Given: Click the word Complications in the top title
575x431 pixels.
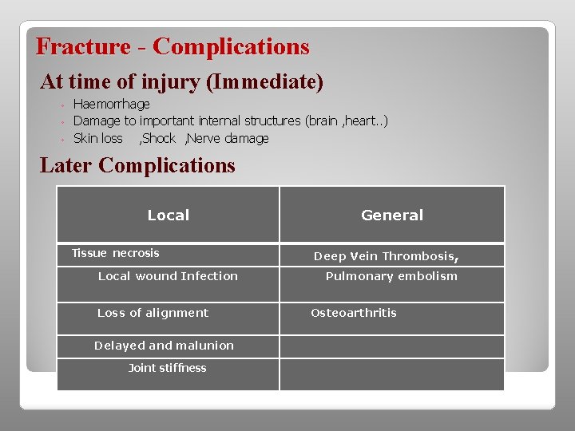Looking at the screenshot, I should (231, 46).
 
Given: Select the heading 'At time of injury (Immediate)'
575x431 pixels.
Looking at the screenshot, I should (181, 81).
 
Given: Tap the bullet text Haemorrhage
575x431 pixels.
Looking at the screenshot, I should (111, 105).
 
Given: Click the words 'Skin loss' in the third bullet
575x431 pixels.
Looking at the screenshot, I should (97, 138).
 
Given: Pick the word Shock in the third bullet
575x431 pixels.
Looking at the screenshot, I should (158, 138).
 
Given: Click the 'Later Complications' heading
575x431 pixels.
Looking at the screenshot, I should (137, 165).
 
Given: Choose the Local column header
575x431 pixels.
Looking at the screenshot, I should (168, 215).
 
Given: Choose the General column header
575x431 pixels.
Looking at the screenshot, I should (392, 215).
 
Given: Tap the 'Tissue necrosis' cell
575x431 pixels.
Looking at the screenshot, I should (116, 253).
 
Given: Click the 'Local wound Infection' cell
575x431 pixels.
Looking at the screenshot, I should (168, 276).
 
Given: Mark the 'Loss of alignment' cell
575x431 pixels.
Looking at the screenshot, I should (153, 313).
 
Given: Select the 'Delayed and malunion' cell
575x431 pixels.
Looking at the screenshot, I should (164, 346).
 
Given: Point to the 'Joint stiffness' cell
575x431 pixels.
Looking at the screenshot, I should (167, 368).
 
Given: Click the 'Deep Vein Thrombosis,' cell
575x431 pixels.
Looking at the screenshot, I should (386, 256).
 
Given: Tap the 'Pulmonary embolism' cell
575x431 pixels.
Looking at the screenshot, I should (391, 276).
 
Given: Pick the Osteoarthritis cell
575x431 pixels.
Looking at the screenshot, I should (353, 313).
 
